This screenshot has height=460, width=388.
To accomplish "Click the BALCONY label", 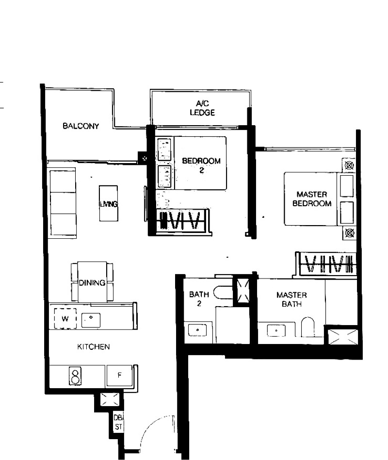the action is tap(81, 126).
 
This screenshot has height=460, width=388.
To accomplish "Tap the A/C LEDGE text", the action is tap(202, 108).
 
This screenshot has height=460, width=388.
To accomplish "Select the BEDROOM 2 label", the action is tap(201, 165).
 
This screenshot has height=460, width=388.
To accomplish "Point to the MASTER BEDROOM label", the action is tap(312, 199).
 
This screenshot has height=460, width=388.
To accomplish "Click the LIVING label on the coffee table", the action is tap(109, 204).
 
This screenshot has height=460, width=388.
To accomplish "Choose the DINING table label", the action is tap(92, 283).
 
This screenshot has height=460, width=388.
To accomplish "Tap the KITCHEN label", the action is tap(93, 347).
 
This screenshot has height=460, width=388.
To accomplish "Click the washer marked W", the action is tap(65, 318).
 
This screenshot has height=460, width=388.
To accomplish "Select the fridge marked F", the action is tap(119, 375).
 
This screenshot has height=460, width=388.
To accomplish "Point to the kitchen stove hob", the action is tap(75, 376).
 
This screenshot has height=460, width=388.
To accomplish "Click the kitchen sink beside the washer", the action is tap(91, 320).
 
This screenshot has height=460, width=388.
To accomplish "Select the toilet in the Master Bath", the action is tap(307, 327).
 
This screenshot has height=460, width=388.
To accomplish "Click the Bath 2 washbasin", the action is tap(197, 330).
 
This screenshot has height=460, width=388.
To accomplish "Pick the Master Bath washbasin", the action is tap(276, 330).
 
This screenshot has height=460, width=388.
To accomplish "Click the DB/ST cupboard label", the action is tap(118, 422).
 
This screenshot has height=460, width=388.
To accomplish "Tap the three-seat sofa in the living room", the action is tap(63, 202).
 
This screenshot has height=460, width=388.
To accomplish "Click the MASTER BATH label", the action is tap(291, 299).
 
